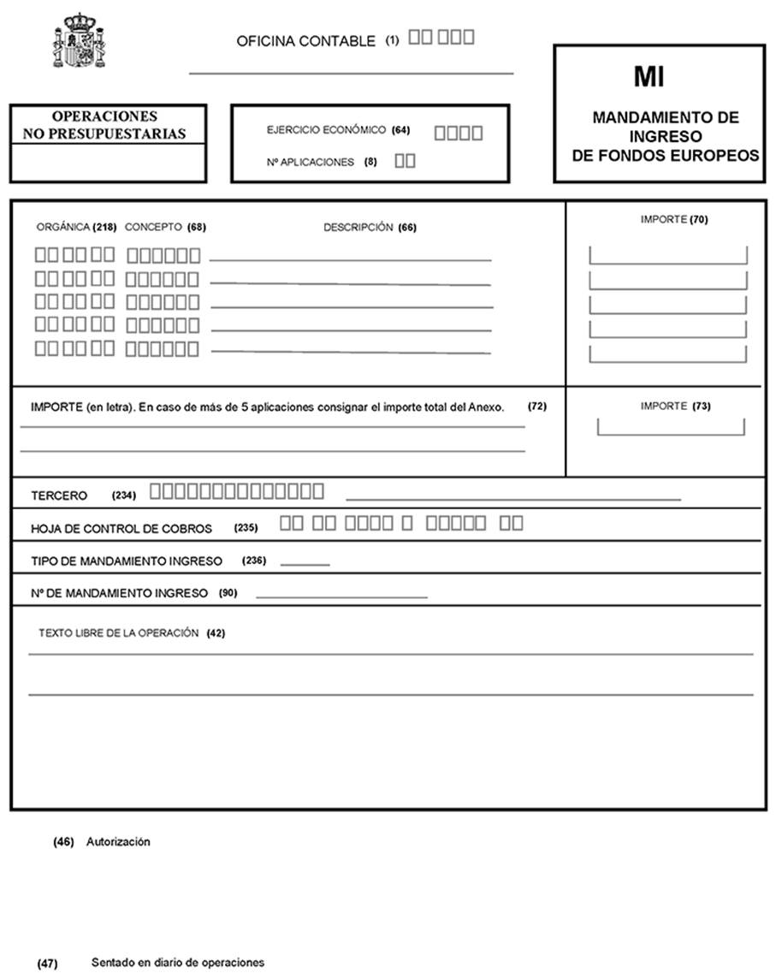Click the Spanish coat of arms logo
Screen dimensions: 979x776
pyautogui.click(x=80, y=40)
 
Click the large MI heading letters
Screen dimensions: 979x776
pyautogui.click(x=649, y=77)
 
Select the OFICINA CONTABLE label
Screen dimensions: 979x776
pyautogui.click(x=305, y=41)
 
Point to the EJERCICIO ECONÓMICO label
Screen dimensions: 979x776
pyautogui.click(x=326, y=131)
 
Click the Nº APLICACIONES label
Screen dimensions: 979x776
pyautogui.click(x=310, y=162)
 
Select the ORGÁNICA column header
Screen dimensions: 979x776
pyautogui.click(x=62, y=228)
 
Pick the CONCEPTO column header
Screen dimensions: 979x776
pyautogui.click(x=153, y=228)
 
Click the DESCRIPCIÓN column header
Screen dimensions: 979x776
pyautogui.click(x=358, y=228)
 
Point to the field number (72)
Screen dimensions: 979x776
pyautogui.click(x=536, y=406)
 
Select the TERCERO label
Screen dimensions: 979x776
pyautogui.click(x=59, y=495)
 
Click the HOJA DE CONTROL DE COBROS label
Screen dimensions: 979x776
pyautogui.click(x=121, y=529)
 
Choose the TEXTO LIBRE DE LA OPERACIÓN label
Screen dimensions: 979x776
pyautogui.click(x=118, y=633)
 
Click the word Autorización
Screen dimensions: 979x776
pyautogui.click(x=118, y=842)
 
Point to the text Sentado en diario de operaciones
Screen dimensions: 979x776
pyautogui.click(x=178, y=963)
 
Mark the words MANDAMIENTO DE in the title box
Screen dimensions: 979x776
pyautogui.click(x=665, y=118)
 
